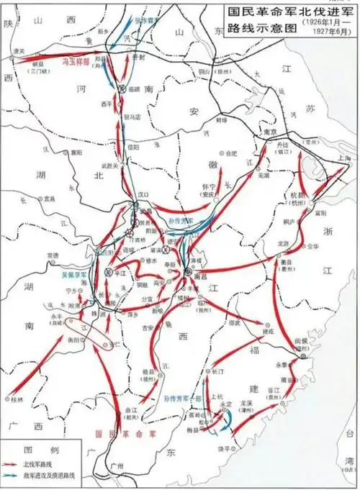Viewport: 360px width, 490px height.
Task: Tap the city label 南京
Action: point(270,133)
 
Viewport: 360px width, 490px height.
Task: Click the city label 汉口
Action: point(143,195)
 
